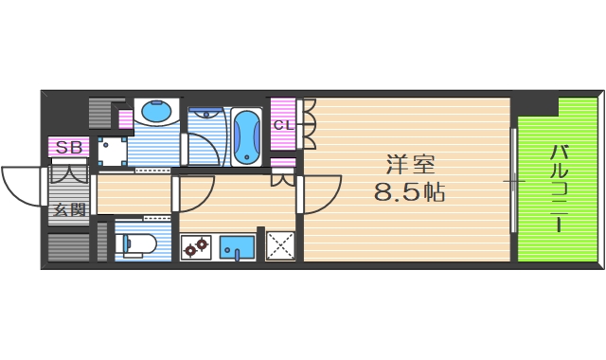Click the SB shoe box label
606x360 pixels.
click(68, 147)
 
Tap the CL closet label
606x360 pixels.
click(283, 124)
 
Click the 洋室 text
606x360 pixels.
click(409, 164)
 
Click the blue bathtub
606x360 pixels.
click(246, 135)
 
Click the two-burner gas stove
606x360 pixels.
click(197, 248)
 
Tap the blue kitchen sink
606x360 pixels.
click(236, 247)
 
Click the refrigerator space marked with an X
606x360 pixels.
click(281, 245)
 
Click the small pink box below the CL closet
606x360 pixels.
click(283, 162)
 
